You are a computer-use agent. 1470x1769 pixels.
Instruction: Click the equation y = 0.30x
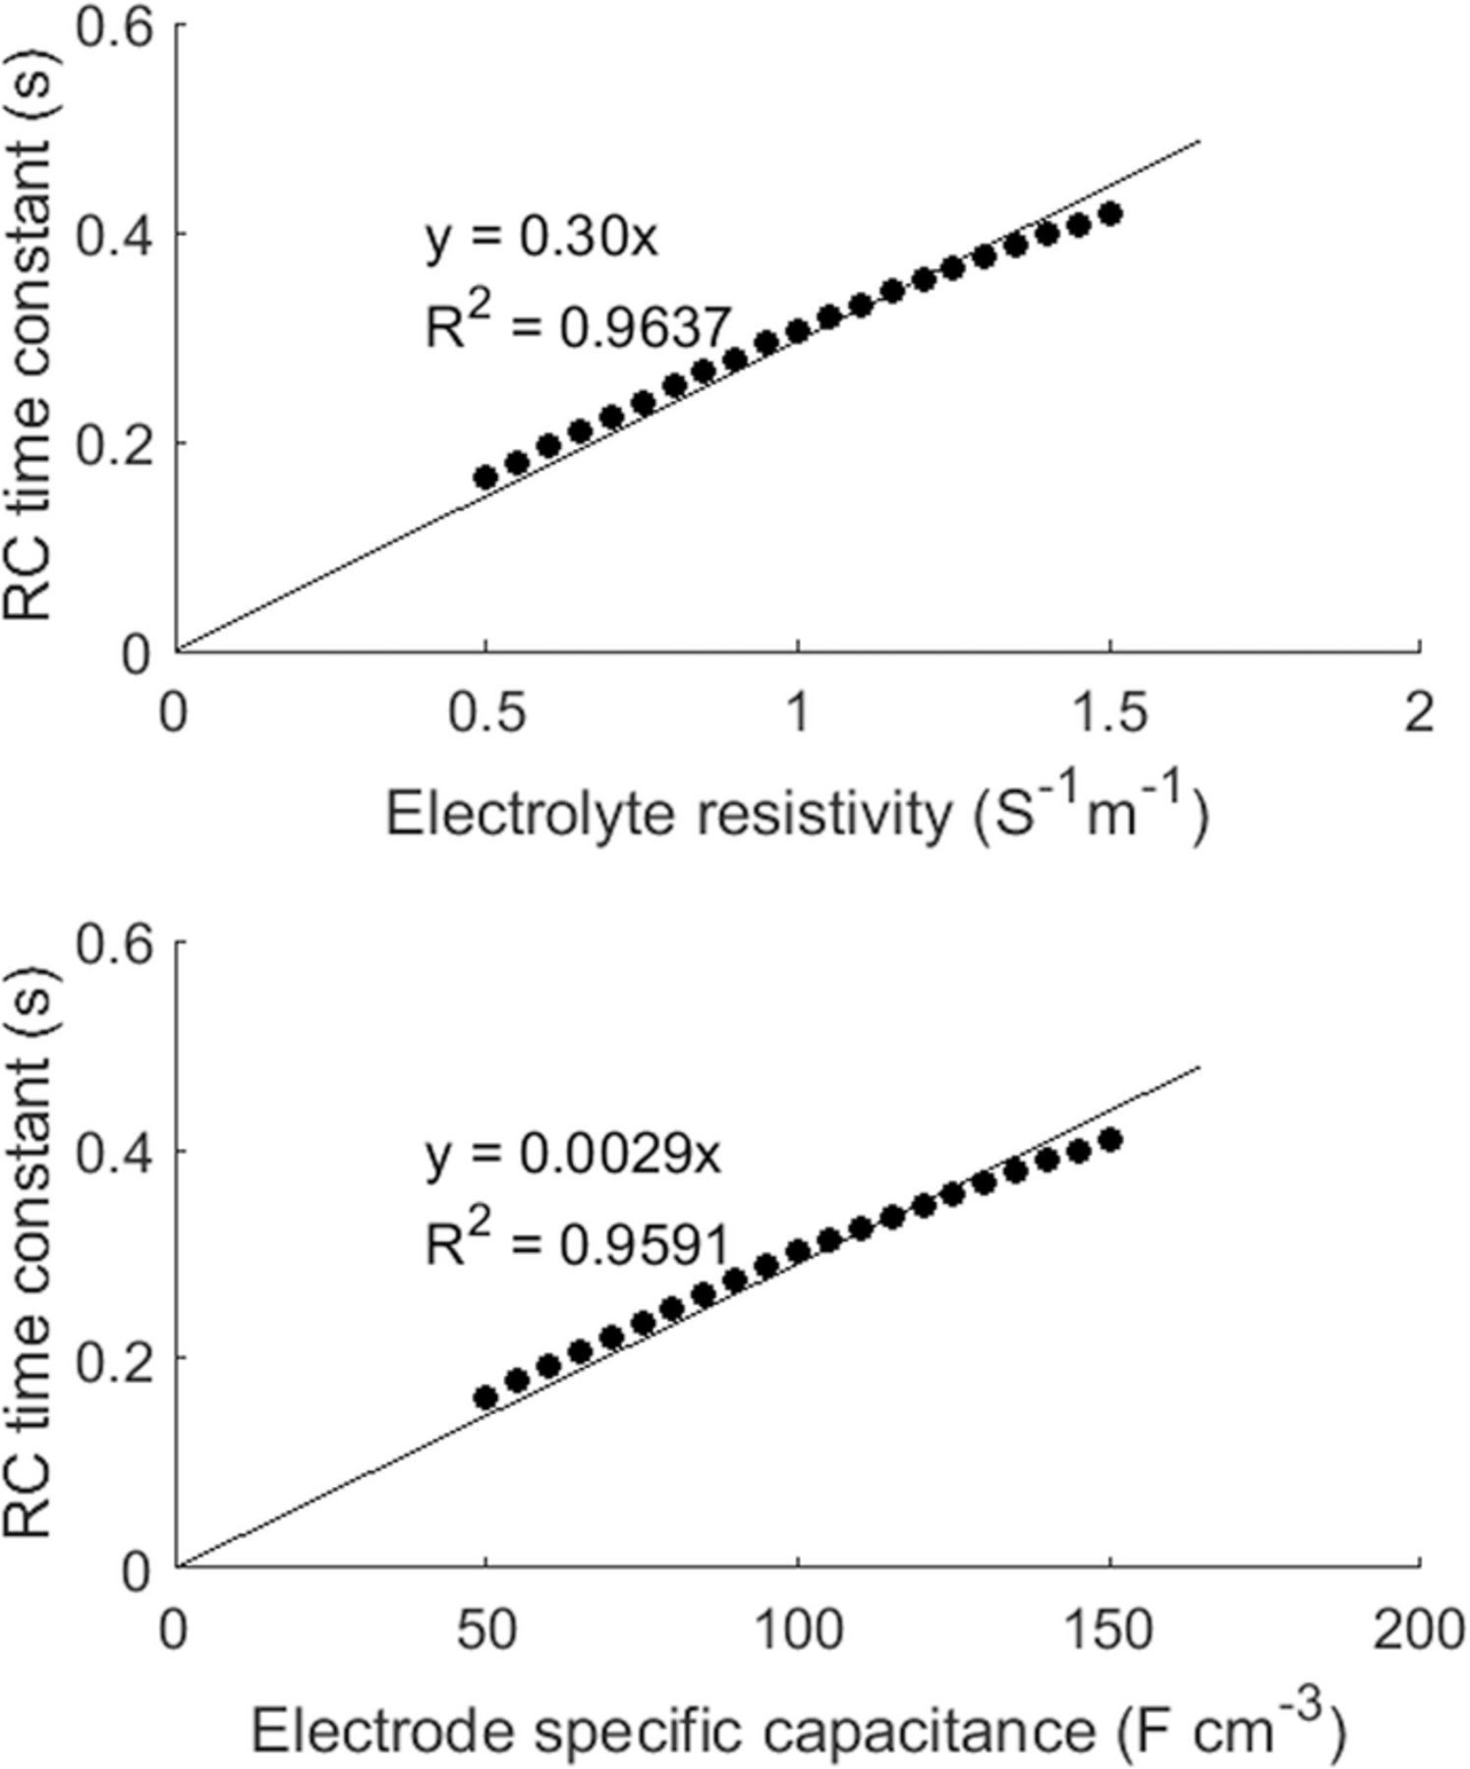539,239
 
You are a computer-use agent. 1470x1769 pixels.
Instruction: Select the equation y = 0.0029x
573,1155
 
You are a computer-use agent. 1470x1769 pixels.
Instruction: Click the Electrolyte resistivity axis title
796,814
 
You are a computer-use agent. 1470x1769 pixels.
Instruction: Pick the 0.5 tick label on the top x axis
484,714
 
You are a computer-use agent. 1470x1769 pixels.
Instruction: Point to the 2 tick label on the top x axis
1419,714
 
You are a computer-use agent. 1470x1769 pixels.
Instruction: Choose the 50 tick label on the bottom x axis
484,1630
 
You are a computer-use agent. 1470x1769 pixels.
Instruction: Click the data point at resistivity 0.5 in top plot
485,478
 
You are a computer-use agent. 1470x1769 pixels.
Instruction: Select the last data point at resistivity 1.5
1110,214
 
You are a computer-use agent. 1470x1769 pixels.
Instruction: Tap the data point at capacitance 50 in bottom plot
485,1398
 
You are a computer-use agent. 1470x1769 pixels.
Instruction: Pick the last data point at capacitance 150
1110,1140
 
